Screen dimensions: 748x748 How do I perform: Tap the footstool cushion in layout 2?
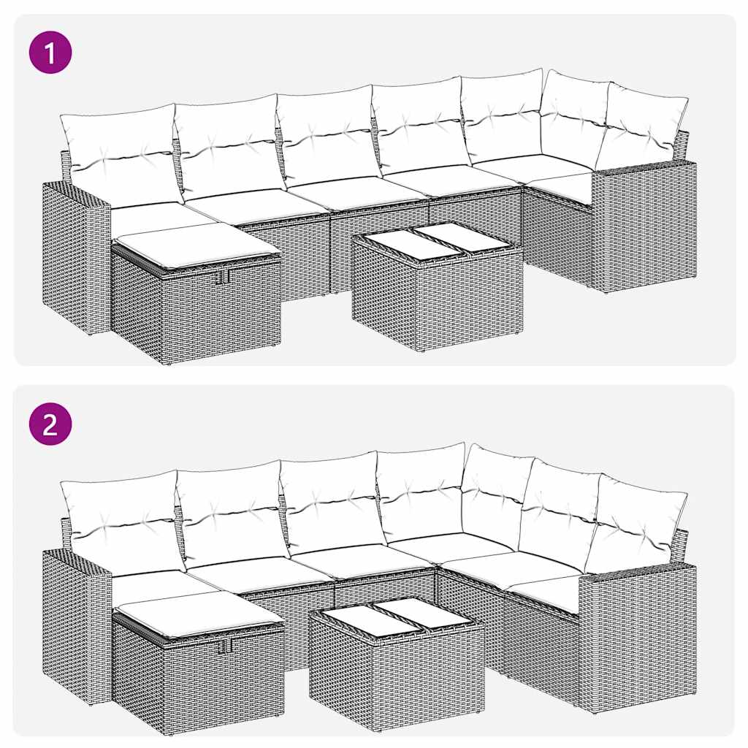tap(199, 611)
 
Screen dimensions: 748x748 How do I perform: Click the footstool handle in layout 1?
tap(222, 278)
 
